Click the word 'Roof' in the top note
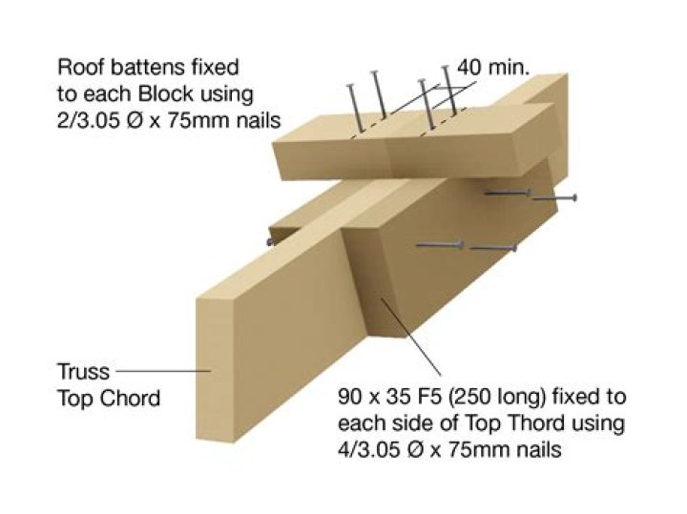pyautogui.click(x=80, y=68)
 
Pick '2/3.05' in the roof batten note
pyautogui.click(x=92, y=121)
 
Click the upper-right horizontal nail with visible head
pyautogui.click(x=553, y=198)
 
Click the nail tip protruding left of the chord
pyautogui.click(x=271, y=241)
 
